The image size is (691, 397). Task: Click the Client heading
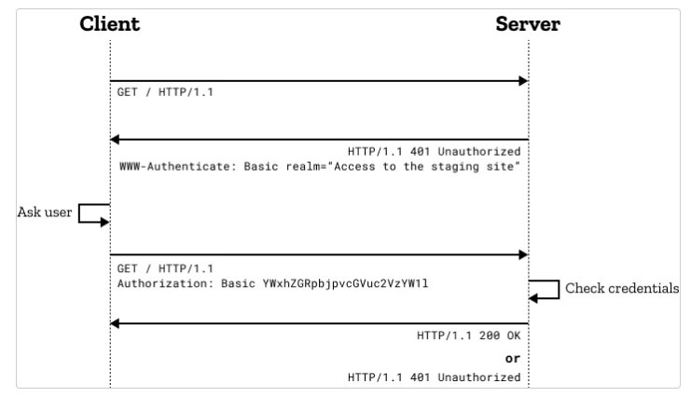(110, 24)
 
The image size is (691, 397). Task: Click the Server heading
(528, 24)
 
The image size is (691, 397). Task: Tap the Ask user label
(45, 212)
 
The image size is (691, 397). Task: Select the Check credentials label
(622, 288)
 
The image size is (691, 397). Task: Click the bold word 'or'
(513, 359)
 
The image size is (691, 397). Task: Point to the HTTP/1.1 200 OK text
(468, 335)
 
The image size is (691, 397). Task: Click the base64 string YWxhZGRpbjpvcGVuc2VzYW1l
(345, 283)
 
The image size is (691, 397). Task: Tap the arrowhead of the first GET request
(523, 81)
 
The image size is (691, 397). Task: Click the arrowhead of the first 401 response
(115, 140)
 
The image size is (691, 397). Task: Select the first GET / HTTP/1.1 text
(165, 92)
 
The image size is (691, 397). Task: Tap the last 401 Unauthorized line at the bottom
(434, 377)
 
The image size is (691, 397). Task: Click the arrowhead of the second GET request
(523, 254)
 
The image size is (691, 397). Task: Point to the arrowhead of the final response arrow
(115, 324)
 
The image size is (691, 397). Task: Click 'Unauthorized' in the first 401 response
(479, 152)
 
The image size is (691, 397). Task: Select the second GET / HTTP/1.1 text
(165, 268)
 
